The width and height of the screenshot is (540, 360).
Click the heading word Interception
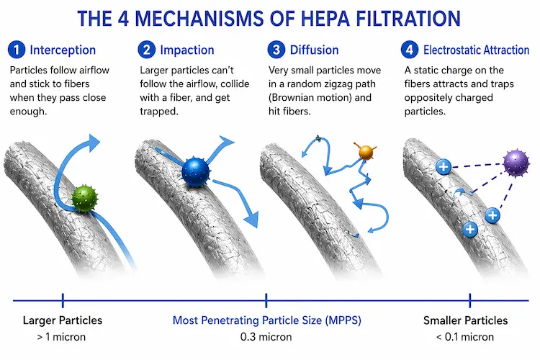click(x=63, y=50)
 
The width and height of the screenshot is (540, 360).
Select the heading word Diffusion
click(x=314, y=50)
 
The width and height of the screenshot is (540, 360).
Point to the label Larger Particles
click(x=63, y=320)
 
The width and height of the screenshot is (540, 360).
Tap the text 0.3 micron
click(x=266, y=336)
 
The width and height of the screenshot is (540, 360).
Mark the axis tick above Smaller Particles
click(x=469, y=300)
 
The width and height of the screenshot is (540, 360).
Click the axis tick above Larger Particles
click(x=63, y=300)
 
